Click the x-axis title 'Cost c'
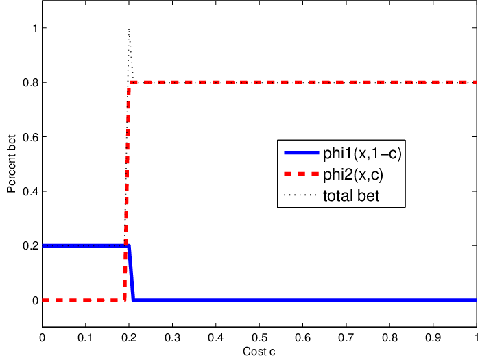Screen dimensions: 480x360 tap(259, 351)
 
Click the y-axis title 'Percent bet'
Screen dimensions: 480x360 tap(12, 164)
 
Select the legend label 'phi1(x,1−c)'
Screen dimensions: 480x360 tap(362, 153)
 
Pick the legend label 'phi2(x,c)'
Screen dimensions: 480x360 tap(353, 175)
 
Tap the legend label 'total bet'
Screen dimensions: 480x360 tap(351, 195)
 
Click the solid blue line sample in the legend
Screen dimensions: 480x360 tap(302, 152)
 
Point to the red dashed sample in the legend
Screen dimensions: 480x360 tap(302, 174)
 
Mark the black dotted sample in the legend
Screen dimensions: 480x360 tap(300, 195)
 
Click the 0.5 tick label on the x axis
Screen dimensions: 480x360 tap(259, 337)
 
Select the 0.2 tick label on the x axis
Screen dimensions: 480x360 tap(129, 337)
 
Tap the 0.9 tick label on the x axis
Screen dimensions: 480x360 tap(433, 337)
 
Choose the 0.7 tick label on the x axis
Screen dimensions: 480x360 tap(346, 337)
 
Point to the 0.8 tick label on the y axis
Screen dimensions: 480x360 tap(31, 83)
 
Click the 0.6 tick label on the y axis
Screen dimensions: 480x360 tap(31, 137)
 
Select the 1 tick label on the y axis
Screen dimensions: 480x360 tap(35, 28)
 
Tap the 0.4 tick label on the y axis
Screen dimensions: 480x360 tap(31, 191)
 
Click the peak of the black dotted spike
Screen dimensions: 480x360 tap(129, 29)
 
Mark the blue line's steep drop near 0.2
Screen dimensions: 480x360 tap(131, 273)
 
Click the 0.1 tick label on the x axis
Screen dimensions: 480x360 tap(85, 337)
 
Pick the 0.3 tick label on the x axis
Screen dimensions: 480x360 tap(172, 337)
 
